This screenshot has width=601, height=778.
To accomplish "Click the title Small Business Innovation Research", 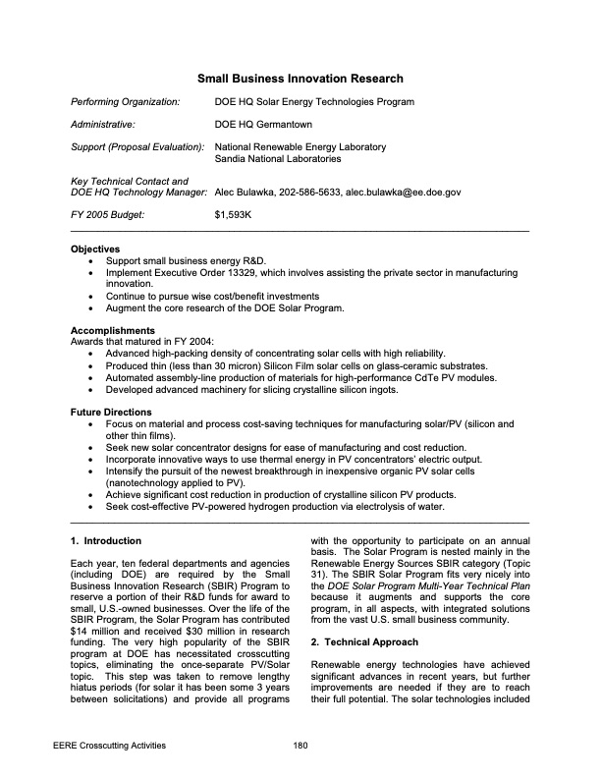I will [x=300, y=79].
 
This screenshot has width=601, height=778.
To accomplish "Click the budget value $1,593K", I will [x=234, y=213].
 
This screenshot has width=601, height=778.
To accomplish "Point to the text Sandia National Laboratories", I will [x=278, y=158].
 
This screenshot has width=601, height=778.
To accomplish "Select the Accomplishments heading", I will [x=113, y=330].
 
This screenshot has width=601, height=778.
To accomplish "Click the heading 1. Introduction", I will [x=106, y=541].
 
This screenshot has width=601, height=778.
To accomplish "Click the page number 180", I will [x=300, y=746].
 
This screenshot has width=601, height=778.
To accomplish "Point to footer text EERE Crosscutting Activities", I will [x=109, y=746].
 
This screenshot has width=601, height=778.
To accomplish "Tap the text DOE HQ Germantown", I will [x=261, y=125].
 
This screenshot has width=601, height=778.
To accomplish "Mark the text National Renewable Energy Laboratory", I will [x=300, y=147].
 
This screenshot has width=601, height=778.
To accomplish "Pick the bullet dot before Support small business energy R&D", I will [x=91, y=261].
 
